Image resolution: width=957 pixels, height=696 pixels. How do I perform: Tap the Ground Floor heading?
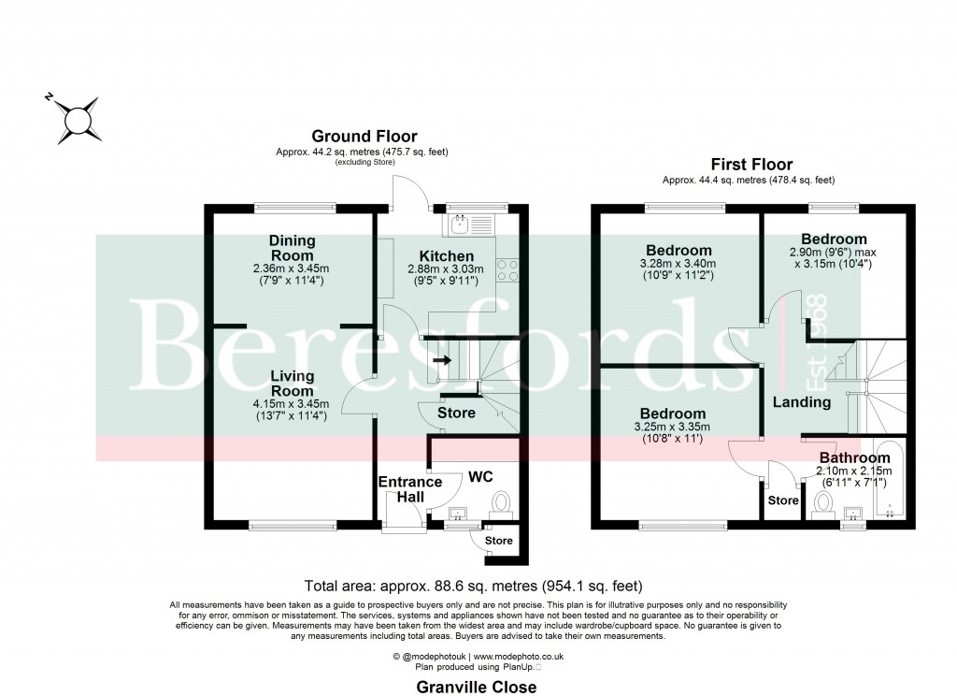click(x=364, y=137)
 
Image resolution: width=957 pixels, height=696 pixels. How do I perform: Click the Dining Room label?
click(x=293, y=248)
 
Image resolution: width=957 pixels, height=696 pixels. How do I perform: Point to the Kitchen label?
click(x=446, y=255)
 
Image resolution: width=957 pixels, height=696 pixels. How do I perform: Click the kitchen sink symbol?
click(x=461, y=224)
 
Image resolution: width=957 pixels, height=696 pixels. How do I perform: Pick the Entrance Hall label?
click(x=409, y=488)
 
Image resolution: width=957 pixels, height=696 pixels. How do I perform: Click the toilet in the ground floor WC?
click(x=501, y=505)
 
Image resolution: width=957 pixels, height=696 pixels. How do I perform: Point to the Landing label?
click(x=801, y=402)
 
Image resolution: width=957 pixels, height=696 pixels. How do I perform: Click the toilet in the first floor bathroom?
click(x=824, y=505)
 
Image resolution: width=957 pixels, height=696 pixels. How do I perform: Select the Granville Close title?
click(x=477, y=688)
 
